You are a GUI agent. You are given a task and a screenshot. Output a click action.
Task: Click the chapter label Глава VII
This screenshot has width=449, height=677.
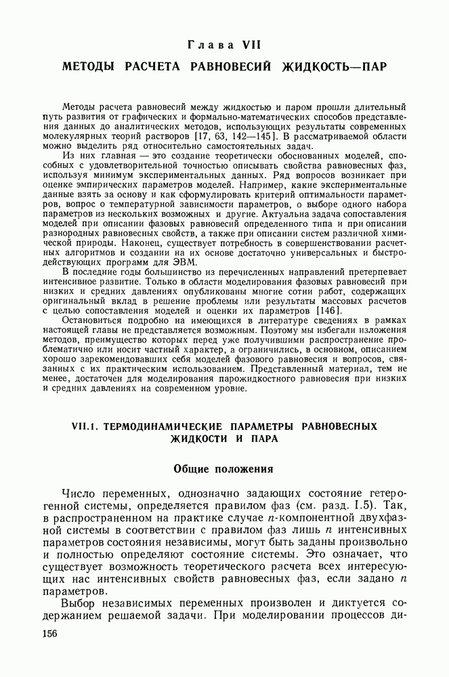(223, 45)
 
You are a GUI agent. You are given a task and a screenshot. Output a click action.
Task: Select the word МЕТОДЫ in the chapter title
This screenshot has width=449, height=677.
(91, 68)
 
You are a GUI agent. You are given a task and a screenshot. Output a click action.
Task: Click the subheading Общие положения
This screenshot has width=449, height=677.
(223, 468)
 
